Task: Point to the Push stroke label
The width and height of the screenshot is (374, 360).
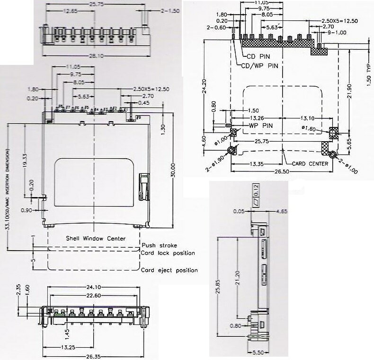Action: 159,246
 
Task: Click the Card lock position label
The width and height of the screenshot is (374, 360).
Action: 168,253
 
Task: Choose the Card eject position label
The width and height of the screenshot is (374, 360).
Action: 169,270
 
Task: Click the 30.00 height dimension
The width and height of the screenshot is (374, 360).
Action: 174,169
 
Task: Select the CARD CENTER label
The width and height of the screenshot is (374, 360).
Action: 311,164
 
